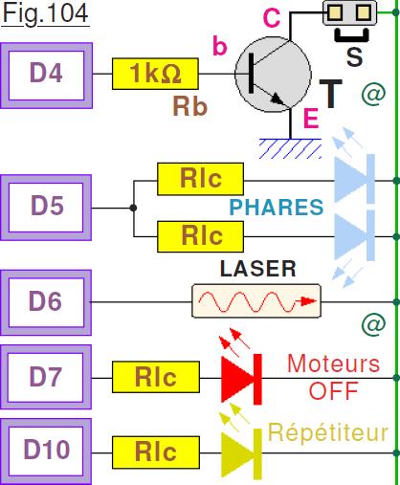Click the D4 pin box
[x=47, y=76]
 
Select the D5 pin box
[x=46, y=208]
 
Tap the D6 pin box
[x=46, y=302]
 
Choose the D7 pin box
[x=46, y=377]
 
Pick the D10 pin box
[x=46, y=452]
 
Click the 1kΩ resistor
[x=155, y=74]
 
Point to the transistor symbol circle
[x=273, y=74]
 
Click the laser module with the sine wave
[x=256, y=301]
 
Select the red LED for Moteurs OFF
[x=241, y=379]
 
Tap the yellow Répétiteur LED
[x=241, y=453]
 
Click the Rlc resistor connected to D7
[x=156, y=377]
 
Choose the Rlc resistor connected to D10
[x=156, y=452]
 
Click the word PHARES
[x=277, y=208]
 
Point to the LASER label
[x=258, y=269]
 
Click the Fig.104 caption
[x=45, y=13]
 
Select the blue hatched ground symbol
[x=290, y=148]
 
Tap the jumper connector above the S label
[x=350, y=12]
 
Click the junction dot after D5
[x=133, y=208]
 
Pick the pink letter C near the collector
[x=272, y=18]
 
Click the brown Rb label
[x=190, y=106]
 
